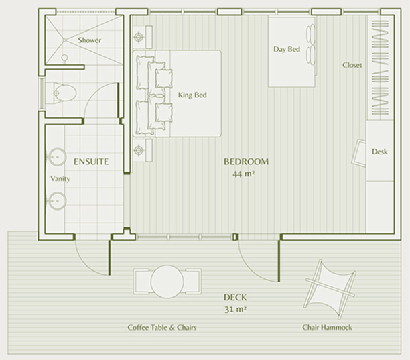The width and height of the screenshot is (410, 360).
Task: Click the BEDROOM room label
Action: pyautogui.click(x=246, y=162)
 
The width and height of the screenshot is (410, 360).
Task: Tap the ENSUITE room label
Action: pyautogui.click(x=90, y=162)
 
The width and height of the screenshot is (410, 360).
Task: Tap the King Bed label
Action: pyautogui.click(x=192, y=95)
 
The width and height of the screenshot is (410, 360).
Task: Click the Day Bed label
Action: pyautogui.click(x=286, y=50)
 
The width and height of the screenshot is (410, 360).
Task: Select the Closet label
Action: pyautogui.click(x=352, y=66)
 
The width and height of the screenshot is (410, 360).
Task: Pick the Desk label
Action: pyautogui.click(x=379, y=152)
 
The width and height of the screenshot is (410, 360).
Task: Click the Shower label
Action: pyautogui.click(x=89, y=41)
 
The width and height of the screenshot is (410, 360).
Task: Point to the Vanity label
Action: pyautogui.click(x=60, y=180)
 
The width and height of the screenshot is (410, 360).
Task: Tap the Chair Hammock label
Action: pyautogui.click(x=326, y=328)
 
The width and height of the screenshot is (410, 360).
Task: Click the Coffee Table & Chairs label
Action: pyautogui.click(x=161, y=328)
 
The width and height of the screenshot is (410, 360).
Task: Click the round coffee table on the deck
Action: pyautogui.click(x=167, y=282)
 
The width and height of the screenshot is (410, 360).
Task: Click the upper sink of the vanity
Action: pyautogui.click(x=55, y=159)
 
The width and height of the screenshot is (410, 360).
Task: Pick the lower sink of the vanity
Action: pyautogui.click(x=55, y=200)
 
